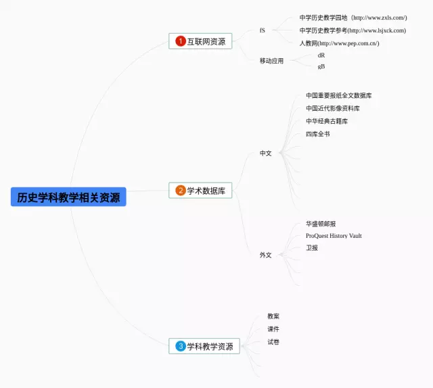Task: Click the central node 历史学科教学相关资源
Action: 68,197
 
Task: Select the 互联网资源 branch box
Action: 200,41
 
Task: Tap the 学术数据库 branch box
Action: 200,191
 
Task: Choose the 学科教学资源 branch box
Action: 204,346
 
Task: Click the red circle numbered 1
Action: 181,41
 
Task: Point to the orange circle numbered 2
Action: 181,191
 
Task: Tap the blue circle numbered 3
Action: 181,346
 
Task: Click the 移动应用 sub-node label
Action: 271,61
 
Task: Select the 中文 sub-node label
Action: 266,153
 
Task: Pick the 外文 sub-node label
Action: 266,255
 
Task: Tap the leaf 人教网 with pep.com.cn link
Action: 339,43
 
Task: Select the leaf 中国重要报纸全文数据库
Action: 338,95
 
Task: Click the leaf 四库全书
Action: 318,134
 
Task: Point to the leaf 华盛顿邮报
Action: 321,224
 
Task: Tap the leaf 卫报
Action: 312,248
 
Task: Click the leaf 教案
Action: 273,316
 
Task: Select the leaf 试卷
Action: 273,342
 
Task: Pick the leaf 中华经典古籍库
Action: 327,121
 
